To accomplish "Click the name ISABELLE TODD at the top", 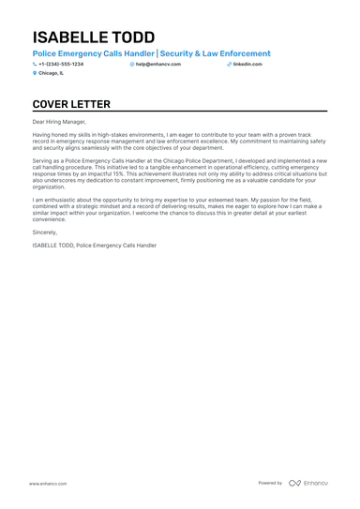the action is coord(94,37).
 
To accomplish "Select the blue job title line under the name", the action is coord(151,53).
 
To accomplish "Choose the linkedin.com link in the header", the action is coord(247,64).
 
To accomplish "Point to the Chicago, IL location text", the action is coord(52,72).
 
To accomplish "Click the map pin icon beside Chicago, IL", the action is coord(35,72).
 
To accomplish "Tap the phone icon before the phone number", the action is coord(35,64).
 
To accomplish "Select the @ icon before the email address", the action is coord(132,64).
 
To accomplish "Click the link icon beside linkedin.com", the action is coord(229,64).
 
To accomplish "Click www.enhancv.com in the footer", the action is coord(46,483).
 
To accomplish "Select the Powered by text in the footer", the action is coord(270,483).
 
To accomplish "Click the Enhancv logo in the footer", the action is coord(308,483).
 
